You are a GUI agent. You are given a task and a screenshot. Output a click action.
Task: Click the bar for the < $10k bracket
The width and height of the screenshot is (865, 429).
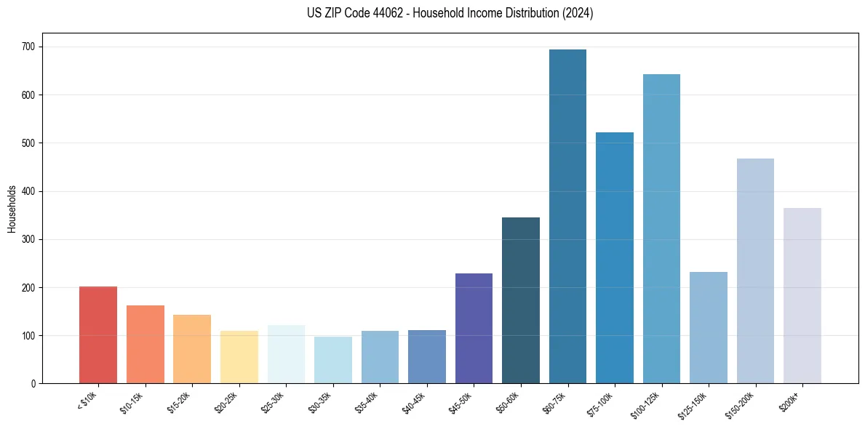point(98,334)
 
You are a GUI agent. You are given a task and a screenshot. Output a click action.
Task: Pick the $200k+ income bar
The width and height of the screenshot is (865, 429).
point(802,295)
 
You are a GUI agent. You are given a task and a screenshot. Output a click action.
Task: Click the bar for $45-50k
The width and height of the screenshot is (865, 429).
point(474,328)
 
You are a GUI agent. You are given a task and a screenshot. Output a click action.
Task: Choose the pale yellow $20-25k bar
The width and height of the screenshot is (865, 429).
point(239,357)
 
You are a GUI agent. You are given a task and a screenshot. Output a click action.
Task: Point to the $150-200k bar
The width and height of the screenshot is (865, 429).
point(755,270)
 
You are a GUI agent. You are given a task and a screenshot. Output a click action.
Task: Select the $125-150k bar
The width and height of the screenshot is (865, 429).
point(709,327)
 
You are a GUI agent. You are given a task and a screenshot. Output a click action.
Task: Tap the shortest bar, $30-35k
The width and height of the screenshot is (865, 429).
point(333,359)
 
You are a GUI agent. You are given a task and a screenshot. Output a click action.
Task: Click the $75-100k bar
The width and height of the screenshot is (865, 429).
point(615,257)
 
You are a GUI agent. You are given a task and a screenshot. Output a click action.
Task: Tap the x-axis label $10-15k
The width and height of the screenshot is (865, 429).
point(132,401)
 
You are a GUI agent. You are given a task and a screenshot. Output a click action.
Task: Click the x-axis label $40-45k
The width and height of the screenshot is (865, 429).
point(413,401)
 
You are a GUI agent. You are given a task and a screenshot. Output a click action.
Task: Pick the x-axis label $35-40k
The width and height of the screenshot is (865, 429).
point(367,401)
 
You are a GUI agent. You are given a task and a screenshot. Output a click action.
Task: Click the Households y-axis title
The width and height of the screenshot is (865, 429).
point(12,209)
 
